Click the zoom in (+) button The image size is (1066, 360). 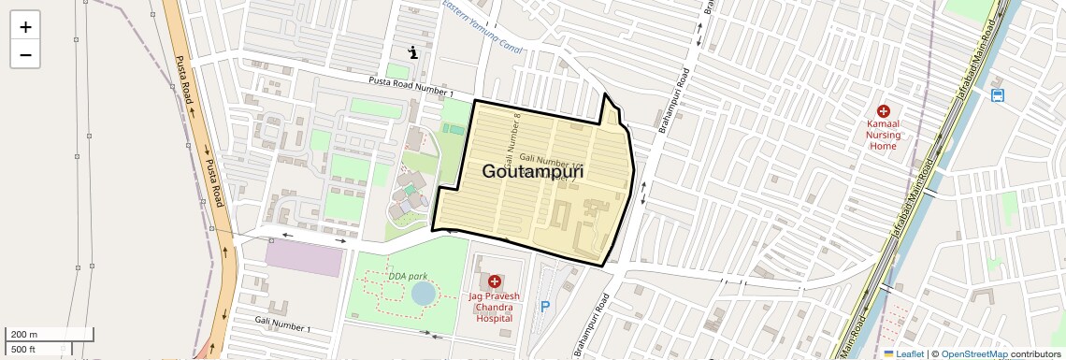pos(25,27)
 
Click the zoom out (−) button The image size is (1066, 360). pos(25,54)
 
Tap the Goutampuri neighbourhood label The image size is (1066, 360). pos(533,172)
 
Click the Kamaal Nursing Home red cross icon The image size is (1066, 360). pos(883,111)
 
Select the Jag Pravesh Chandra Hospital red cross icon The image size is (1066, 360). pos(494,281)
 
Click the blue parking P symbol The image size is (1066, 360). pos(545,306)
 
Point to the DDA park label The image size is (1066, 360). pos(408,277)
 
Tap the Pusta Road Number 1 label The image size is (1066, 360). pos(411,87)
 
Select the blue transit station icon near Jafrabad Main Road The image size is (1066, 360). pos(998,95)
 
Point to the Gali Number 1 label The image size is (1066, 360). pos(282,324)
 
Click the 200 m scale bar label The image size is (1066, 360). pos(24,335)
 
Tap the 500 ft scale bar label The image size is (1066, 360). pos(23,349)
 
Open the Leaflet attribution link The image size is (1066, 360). pos(903,353)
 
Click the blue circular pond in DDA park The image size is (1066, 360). pos(423,294)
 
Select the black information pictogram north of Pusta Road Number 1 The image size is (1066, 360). pos(412,52)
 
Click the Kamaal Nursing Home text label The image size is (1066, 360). pos(883,134)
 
